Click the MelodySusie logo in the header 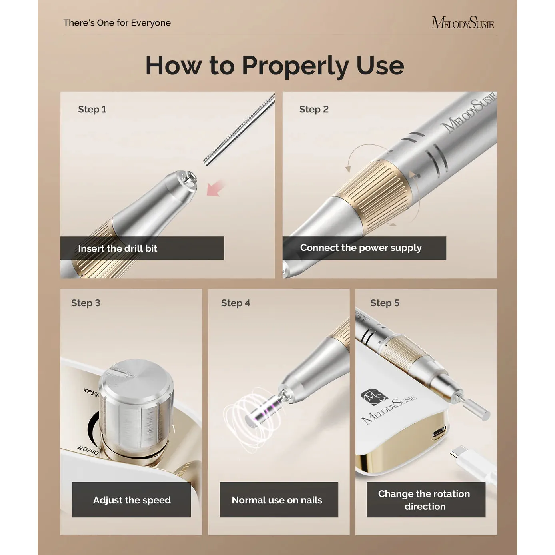pos(462,23)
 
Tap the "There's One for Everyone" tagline pos(117,23)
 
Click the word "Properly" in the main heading pos(295,66)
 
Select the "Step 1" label pos(92,109)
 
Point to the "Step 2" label pos(314,109)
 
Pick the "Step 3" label pos(86,303)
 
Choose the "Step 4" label pos(236,303)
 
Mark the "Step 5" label pos(385,303)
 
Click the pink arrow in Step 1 pos(215,188)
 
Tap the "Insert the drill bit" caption pos(118,248)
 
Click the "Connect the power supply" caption pos(361,248)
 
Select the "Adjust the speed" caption pos(132,500)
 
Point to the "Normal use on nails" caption pos(277,500)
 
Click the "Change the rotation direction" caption pos(424,500)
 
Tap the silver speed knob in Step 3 pos(136,409)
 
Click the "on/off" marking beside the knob pos(88,450)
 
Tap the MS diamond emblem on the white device pos(374,397)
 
